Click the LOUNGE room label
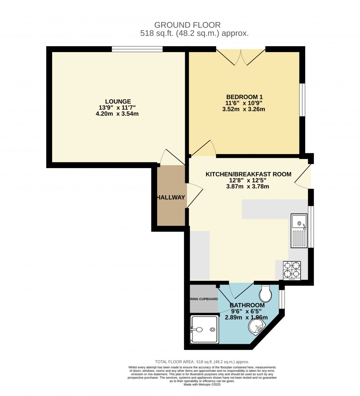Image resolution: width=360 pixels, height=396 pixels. [x=118, y=101]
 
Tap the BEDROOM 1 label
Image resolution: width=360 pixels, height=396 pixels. [x=244, y=97]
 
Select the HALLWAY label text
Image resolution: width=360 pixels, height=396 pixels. [x=171, y=197]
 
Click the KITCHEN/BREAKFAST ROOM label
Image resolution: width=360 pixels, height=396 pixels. [x=248, y=174]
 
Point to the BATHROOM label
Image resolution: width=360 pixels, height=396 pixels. [x=247, y=305]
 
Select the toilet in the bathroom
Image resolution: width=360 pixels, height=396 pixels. [x=265, y=293]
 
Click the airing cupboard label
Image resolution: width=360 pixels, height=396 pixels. [x=204, y=299]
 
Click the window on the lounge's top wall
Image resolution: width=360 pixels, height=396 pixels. [x=137, y=49]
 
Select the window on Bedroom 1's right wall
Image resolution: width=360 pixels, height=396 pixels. [x=302, y=100]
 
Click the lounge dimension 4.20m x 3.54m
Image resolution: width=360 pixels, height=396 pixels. [x=118, y=114]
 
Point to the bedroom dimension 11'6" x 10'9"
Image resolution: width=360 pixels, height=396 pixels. [x=244, y=103]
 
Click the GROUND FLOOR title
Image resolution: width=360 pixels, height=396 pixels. [x=187, y=25]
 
